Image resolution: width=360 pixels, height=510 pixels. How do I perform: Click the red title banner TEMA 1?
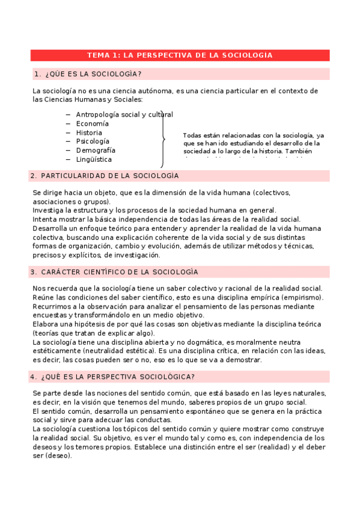(x=180, y=55)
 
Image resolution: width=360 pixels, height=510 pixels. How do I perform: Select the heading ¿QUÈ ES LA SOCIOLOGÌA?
(x=93, y=74)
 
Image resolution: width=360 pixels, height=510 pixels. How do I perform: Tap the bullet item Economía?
(x=92, y=123)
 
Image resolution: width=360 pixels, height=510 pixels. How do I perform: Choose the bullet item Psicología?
(x=92, y=141)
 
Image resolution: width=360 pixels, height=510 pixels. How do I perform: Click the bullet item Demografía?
(x=96, y=150)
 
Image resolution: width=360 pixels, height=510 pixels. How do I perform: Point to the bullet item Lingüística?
(x=94, y=159)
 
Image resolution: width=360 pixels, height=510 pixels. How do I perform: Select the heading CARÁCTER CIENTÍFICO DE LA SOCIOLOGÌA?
(x=114, y=272)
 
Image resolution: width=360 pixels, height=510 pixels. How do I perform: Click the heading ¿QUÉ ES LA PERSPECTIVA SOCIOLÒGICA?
(x=114, y=376)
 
